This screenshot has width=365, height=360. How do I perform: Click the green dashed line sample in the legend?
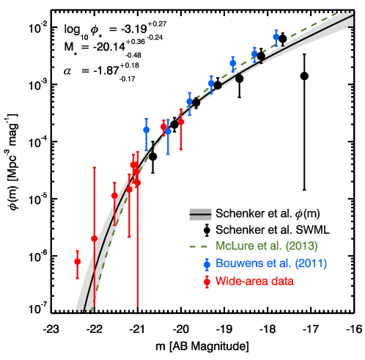[199, 246]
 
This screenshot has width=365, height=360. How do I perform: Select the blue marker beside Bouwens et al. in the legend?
[207, 263]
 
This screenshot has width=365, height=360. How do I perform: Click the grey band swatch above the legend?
[200, 214]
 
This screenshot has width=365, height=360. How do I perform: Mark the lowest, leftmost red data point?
[77, 262]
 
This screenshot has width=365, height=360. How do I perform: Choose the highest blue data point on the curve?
[276, 36]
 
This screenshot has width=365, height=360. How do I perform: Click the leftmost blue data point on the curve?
[146, 130]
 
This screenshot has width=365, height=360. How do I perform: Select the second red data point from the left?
[94, 239]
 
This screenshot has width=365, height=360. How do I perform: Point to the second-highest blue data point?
[254, 54]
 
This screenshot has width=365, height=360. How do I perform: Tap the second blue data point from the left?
[168, 131]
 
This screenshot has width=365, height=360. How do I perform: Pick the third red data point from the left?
[114, 196]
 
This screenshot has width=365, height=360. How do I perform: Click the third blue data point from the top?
[233, 63]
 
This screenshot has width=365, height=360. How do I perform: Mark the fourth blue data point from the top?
[211, 83]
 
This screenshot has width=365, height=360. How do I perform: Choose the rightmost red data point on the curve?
[181, 122]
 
